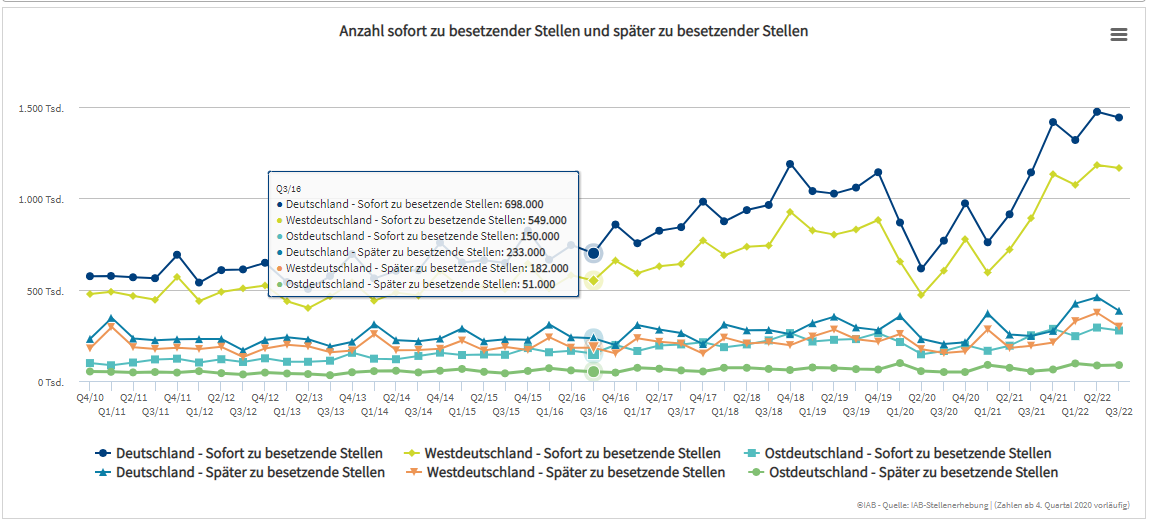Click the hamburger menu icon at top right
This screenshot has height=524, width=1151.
[1119, 34]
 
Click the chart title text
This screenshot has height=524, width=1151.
[573, 31]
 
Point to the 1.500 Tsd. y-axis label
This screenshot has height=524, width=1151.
[41, 108]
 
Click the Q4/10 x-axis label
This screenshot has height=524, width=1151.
[90, 398]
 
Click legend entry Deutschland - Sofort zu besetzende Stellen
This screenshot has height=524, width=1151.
[240, 453]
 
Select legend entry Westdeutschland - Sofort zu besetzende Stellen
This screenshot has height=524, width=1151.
[562, 453]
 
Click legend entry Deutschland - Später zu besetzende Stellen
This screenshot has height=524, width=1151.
[241, 472]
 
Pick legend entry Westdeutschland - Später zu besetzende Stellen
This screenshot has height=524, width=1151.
[565, 472]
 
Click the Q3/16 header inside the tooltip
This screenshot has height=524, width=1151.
[289, 187]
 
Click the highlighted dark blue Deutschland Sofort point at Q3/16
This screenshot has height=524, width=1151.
[593, 253]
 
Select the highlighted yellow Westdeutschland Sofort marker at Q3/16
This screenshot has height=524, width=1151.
[593, 281]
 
